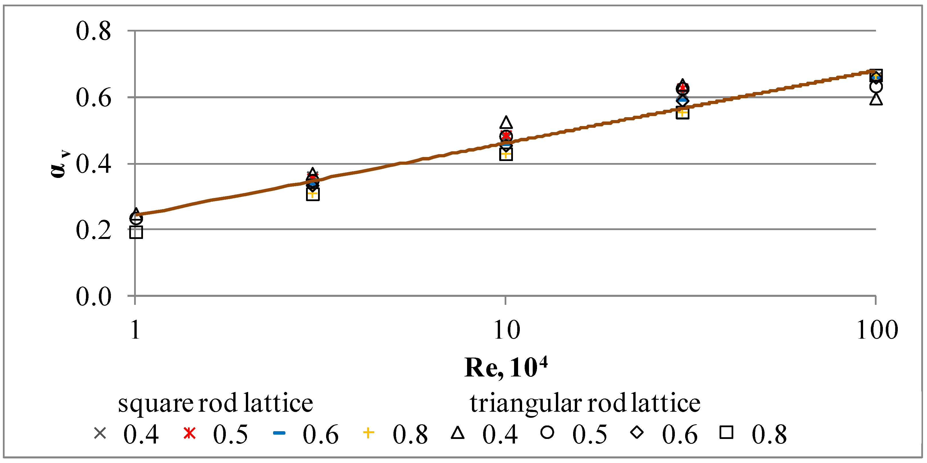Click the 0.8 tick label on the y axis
93,31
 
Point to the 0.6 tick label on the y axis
93,98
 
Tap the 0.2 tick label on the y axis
93,230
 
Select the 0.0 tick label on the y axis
93,297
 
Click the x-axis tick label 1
135,330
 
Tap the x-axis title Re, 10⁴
505,368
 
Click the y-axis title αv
59,165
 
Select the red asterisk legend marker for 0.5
189,433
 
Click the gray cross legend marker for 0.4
100,433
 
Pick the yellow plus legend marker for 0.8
368,433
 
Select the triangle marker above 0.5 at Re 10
506,123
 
